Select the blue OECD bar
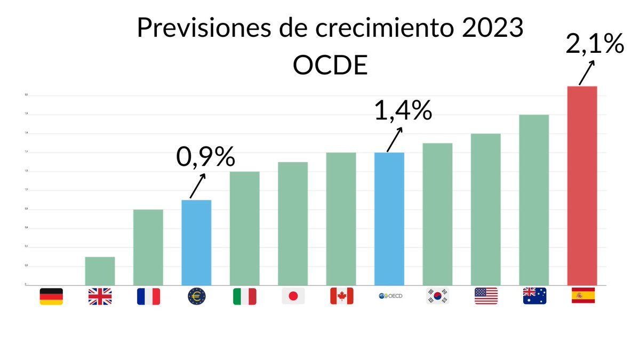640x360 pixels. [389, 219]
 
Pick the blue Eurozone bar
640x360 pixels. [196, 242]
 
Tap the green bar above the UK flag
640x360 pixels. [100, 271]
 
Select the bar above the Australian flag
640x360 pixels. [534, 199]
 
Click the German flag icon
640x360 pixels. [51, 296]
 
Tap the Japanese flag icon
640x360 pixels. [293, 296]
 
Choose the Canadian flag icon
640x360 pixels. [341, 296]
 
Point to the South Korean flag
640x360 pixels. [437, 296]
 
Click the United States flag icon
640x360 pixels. [486, 296]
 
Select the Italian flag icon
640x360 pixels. [244, 296]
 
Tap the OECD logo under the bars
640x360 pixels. [389, 296]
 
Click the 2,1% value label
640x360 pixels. [594, 44]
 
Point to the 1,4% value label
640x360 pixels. [402, 110]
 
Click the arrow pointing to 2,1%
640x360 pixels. [586, 73]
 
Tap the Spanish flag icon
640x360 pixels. [582, 296]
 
